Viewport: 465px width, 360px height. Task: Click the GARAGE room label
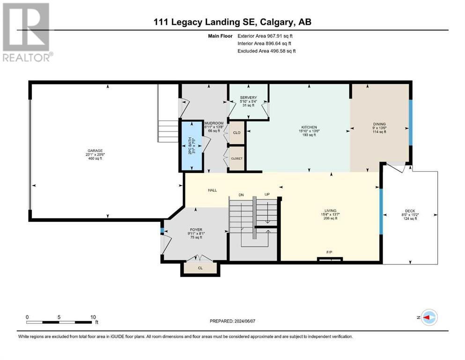(x=95, y=151)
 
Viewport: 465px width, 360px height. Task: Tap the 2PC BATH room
(x=192, y=146)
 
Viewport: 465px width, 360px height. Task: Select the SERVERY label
(x=249, y=97)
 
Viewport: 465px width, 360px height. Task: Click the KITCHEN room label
(x=310, y=127)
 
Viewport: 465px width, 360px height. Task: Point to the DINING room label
(x=379, y=124)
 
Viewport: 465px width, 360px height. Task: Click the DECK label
(x=410, y=211)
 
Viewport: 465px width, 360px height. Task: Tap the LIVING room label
(x=330, y=211)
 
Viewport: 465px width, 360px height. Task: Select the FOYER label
(x=196, y=230)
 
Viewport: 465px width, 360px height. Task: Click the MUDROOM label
(x=214, y=123)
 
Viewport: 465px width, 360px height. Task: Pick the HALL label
(x=212, y=190)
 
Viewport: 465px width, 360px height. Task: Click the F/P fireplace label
(x=329, y=252)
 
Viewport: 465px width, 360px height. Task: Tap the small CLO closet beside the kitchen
(x=236, y=133)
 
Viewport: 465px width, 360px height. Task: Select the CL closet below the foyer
(x=200, y=268)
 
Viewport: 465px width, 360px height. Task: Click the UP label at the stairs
(x=267, y=195)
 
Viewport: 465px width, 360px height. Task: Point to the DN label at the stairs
(x=241, y=195)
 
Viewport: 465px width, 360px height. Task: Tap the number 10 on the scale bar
(x=93, y=317)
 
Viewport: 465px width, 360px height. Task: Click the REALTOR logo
(x=27, y=32)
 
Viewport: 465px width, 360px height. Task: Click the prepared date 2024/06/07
(x=244, y=321)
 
